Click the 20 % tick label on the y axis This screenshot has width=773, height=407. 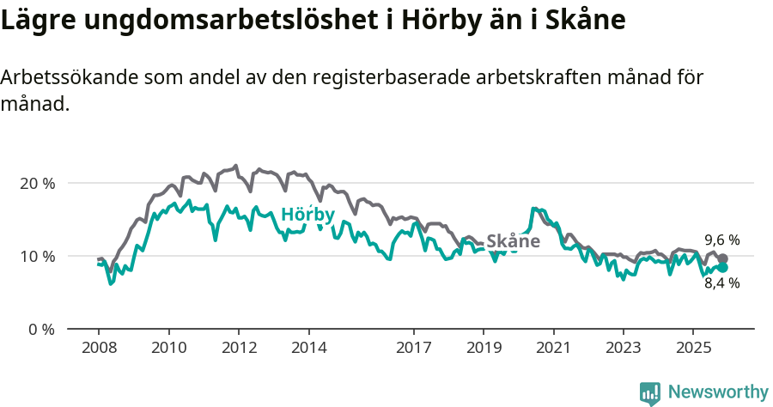(36, 183)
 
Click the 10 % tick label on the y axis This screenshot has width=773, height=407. (36, 256)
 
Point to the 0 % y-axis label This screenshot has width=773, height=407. (40, 329)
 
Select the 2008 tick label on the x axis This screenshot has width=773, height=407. (99, 348)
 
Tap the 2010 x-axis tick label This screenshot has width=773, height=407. (168, 348)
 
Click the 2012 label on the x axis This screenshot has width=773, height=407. (239, 348)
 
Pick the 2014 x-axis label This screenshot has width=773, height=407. (308, 348)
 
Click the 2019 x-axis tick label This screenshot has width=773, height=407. (484, 348)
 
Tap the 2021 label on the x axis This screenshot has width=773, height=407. (553, 348)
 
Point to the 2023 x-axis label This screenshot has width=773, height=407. (624, 348)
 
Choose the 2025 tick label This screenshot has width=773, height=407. (693, 348)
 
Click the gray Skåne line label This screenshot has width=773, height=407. (513, 241)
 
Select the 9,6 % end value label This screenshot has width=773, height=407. (721, 240)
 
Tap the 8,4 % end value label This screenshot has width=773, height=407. (721, 283)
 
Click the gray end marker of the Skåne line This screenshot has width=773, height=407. (723, 258)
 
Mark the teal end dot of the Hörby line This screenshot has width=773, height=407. (723, 267)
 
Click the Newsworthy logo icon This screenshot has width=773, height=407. (650, 393)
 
